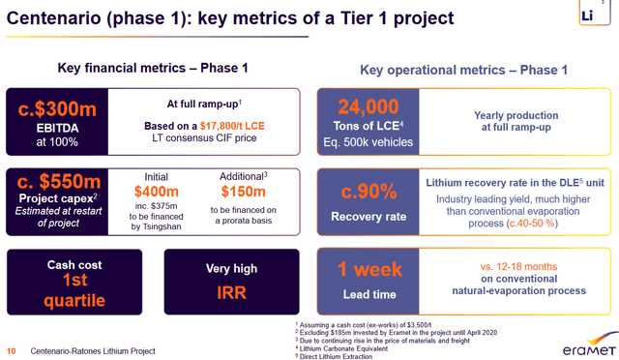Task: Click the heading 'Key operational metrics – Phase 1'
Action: [x=463, y=70]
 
